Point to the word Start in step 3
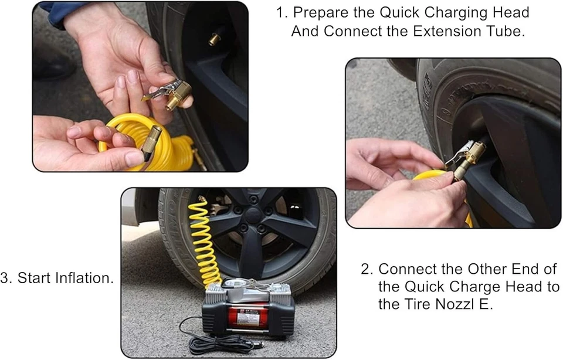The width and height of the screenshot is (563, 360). [34, 278]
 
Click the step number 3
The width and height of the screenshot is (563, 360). [6, 278]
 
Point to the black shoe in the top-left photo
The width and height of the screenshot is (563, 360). [53, 64]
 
